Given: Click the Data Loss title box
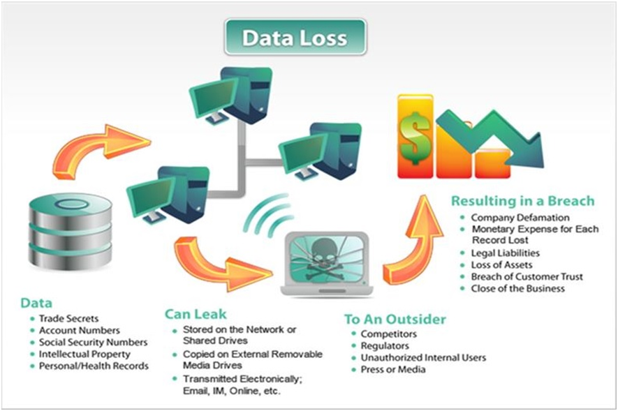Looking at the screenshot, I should tap(295, 38).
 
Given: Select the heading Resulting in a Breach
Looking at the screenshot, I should tap(522, 201).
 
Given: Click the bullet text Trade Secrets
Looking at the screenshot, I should tap(69, 318).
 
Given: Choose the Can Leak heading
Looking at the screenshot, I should tap(196, 314).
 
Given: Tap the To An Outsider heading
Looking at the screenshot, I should tap(395, 320).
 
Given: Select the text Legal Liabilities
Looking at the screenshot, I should tap(505, 253).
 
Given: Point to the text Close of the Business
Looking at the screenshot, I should tap(517, 288).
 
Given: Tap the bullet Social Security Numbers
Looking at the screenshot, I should tap(93, 342).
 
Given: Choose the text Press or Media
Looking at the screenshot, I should tap(392, 369).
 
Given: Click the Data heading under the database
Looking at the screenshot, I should tap(36, 304).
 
